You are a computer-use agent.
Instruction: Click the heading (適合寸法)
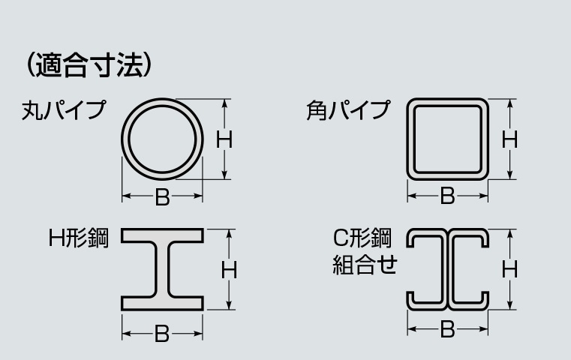pyautogui.click(x=89, y=64)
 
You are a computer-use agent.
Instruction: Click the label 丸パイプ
pyautogui.click(x=64, y=110)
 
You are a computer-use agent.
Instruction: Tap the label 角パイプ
pyautogui.click(x=348, y=110)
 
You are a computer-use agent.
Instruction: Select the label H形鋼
pyautogui.click(x=79, y=238)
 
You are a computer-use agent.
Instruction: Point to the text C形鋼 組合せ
pyautogui.click(x=365, y=251)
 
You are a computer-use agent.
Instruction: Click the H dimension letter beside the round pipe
pyautogui.click(x=224, y=139)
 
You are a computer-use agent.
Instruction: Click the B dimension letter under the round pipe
pyautogui.click(x=162, y=197)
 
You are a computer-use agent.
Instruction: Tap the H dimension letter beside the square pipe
pyautogui.click(x=509, y=139)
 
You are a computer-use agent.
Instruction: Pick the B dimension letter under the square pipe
pyautogui.click(x=447, y=196)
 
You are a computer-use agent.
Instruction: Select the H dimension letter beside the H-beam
pyautogui.click(x=229, y=270)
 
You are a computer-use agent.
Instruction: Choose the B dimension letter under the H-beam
pyautogui.click(x=162, y=334)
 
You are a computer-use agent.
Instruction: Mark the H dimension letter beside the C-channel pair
pyautogui.click(x=509, y=270)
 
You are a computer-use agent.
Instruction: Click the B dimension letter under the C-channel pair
pyautogui.click(x=447, y=330)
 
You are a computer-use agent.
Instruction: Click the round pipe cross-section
pyautogui.click(x=125, y=139)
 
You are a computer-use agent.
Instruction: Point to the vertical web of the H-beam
pyautogui.click(x=162, y=269)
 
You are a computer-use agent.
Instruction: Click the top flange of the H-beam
pyautogui.click(x=162, y=235)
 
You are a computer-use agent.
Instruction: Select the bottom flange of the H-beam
pyautogui.click(x=162, y=304)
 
